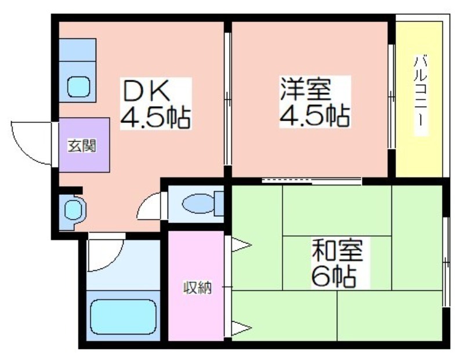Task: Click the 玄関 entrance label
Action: tap(82, 146)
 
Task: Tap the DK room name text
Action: tap(147, 90)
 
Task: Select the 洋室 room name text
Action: tap(306, 89)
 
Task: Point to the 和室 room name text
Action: tap(338, 249)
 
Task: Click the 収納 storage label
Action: tap(197, 288)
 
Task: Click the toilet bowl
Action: tap(198, 203)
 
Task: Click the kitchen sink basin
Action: tap(78, 87)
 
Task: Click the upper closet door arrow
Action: tap(241, 245)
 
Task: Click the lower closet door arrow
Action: tap(241, 328)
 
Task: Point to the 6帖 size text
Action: tap(333, 277)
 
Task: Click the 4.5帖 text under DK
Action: tap(155, 117)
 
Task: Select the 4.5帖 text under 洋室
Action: tap(315, 116)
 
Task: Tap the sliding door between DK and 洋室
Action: tap(227, 99)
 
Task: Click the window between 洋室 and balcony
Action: tap(391, 97)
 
